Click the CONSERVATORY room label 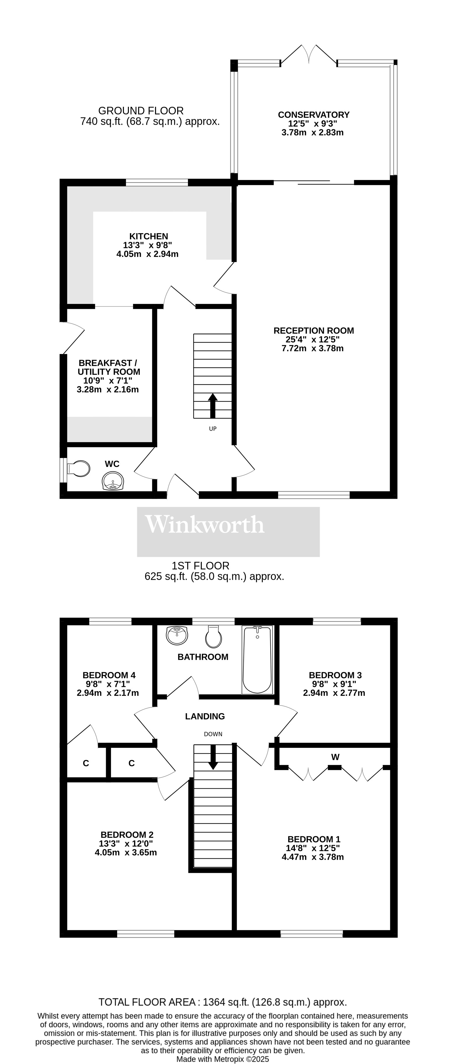pos(314,115)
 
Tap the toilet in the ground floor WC pos(78,469)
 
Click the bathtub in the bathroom pos(257,660)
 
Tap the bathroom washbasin pos(177,635)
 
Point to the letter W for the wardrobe pos(335,757)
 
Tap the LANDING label pos(205,716)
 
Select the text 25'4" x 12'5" pos(312,339)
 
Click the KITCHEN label pos(149,236)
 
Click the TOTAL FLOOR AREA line pos(223,1002)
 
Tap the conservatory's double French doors pos(309,54)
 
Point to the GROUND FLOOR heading pos(141,111)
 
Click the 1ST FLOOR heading pos(201,566)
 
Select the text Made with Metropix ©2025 pos(223,1059)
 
